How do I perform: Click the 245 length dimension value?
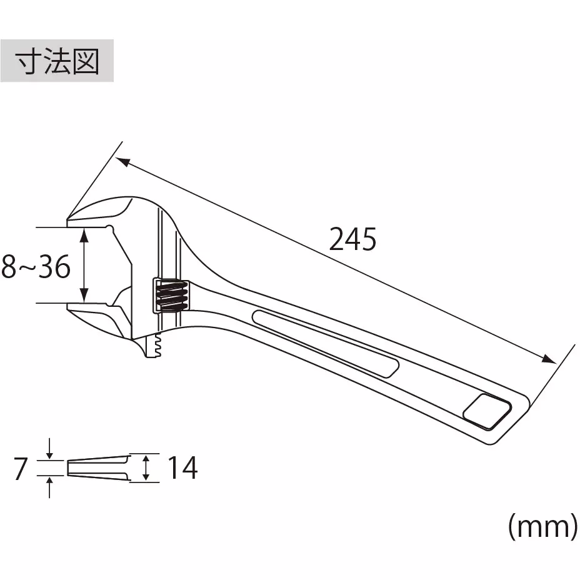tap(352, 239)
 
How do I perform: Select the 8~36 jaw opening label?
tap(36, 267)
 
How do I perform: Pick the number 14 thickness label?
tap(182, 467)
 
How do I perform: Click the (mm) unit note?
tap(541, 527)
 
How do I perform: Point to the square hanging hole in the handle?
tap(487, 411)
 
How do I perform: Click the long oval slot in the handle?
tap(325, 342)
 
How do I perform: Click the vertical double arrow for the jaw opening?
tap(85, 265)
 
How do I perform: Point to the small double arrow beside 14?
tap(146, 467)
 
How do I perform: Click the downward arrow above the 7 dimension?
tap(50, 449)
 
